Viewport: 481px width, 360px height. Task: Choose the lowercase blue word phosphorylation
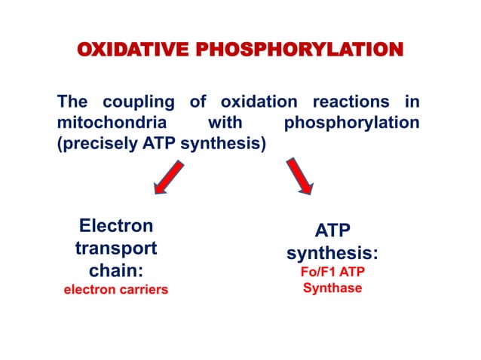point(351,122)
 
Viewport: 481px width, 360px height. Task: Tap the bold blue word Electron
point(115,225)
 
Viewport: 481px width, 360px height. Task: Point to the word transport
point(115,248)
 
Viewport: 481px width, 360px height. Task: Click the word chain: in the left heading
point(115,270)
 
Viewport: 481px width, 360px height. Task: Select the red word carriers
point(143,290)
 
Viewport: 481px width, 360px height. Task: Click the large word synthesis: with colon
point(332,253)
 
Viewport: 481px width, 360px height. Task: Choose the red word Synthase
point(332,288)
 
